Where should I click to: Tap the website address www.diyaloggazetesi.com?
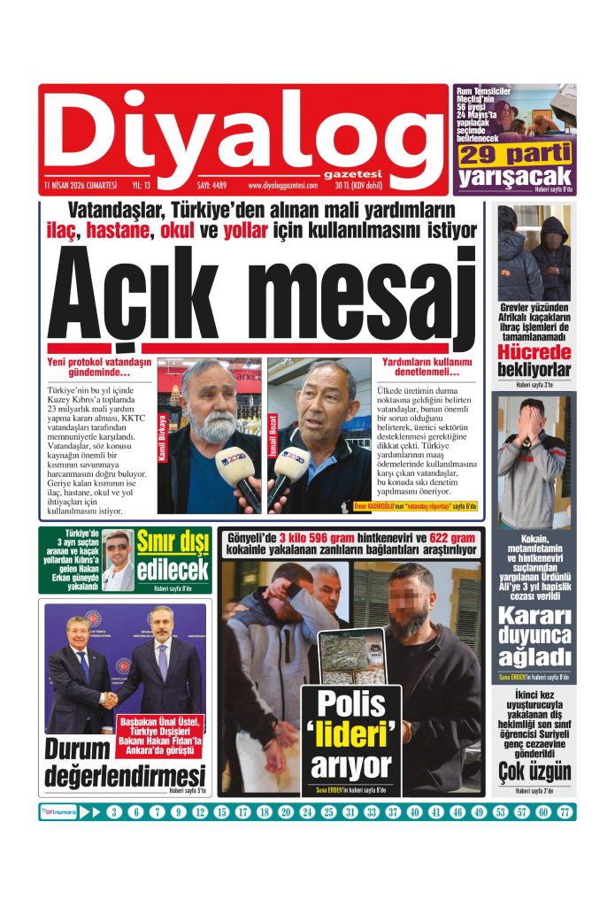(282, 186)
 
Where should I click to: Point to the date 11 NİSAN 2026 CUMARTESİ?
(80, 186)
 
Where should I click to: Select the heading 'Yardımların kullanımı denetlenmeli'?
(427, 369)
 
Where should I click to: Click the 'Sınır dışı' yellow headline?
(173, 541)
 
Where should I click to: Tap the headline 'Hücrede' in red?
(533, 351)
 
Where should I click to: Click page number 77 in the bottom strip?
(565, 812)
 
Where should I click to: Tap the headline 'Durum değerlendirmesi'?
(125, 763)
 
